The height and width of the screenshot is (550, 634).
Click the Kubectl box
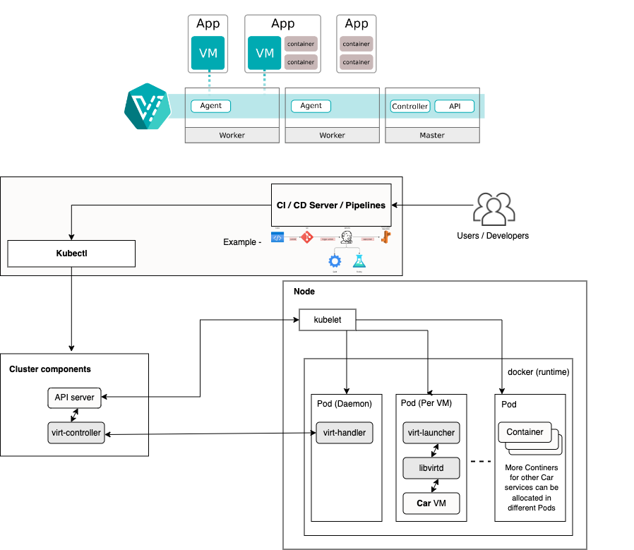[x=71, y=253]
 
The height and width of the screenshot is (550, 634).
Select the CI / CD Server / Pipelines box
[x=331, y=205]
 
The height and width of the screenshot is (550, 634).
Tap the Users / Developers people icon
[x=493, y=209]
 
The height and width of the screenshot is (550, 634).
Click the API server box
[x=74, y=397]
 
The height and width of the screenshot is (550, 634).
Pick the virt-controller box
[x=76, y=433]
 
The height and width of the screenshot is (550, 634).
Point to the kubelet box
[x=327, y=320]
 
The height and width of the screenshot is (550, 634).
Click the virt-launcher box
[x=431, y=433]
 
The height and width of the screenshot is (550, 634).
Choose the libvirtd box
[x=431, y=467]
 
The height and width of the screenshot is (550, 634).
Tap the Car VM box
[x=431, y=503]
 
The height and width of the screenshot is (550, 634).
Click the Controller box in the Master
[x=410, y=107]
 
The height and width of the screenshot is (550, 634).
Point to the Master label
[x=432, y=135]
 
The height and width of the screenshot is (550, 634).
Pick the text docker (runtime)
[x=538, y=371]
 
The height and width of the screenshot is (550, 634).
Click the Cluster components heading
[x=50, y=369]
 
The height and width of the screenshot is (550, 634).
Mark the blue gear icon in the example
[x=335, y=261]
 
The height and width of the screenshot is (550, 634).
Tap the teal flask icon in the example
[x=359, y=261]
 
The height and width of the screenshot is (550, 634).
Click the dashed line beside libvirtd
[x=481, y=462]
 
